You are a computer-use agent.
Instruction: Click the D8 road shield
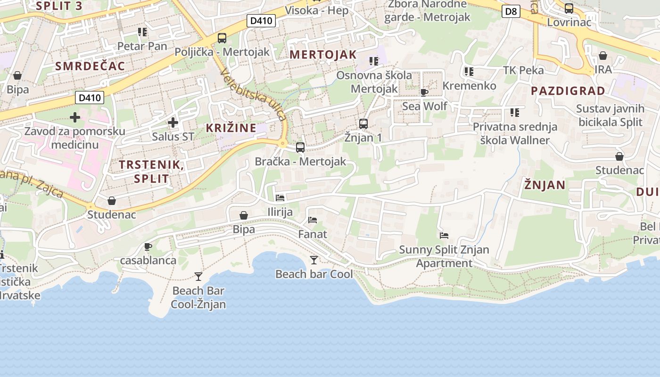coord(511,11)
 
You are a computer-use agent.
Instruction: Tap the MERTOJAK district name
coord(323,55)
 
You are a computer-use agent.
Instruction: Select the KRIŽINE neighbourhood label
coord(231,128)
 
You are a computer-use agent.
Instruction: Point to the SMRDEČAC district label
coord(90,66)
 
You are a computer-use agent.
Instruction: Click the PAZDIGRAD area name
coord(568,91)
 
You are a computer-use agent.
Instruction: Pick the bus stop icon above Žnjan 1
coord(363,124)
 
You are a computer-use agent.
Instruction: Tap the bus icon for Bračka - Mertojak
coord(300,148)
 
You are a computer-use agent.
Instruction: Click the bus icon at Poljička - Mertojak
coord(222,38)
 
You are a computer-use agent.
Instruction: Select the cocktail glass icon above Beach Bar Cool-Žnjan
coord(198,276)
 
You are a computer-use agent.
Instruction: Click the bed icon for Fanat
coord(313,220)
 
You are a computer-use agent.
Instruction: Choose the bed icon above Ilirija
coord(280,198)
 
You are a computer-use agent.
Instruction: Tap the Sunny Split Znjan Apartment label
coord(444,256)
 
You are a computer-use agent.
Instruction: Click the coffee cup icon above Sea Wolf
coord(424,92)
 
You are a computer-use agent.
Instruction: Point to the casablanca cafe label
coord(148,260)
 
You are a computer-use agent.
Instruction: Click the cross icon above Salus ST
coord(173,123)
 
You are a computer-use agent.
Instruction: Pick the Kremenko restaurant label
coord(469,86)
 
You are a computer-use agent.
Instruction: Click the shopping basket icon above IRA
coord(603,56)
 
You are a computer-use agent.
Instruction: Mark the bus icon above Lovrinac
coord(569,8)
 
